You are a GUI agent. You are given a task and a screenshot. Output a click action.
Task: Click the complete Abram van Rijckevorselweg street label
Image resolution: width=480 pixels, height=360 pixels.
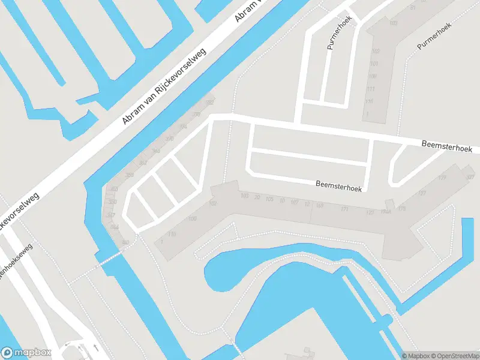[x=164, y=86]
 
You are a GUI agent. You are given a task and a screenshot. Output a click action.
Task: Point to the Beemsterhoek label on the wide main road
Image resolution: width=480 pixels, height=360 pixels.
[x=447, y=146]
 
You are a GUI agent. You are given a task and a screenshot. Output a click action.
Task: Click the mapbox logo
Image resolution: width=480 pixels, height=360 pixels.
[x=26, y=353]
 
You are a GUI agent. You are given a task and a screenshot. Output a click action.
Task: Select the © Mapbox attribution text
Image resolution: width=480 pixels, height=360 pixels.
[x=416, y=356]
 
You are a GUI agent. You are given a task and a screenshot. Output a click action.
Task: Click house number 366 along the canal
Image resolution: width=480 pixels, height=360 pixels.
[x=157, y=151]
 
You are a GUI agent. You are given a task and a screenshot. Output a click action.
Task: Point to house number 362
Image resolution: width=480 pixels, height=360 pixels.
[x=143, y=163]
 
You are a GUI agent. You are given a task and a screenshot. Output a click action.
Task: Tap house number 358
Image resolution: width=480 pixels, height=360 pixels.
[x=130, y=175]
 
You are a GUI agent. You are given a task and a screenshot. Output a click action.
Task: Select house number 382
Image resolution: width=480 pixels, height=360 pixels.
[x=209, y=103]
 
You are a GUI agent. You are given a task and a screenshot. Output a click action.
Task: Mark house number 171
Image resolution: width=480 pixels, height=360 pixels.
[x=344, y=209]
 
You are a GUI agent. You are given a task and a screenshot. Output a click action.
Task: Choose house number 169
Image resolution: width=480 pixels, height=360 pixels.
[x=320, y=206]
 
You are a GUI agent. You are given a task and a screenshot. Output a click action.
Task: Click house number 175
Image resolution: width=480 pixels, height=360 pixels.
[x=401, y=209]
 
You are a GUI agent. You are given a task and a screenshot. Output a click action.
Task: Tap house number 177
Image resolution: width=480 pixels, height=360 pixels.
[x=422, y=193]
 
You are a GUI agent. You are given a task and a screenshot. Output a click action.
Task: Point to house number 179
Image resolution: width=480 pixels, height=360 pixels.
[x=442, y=178]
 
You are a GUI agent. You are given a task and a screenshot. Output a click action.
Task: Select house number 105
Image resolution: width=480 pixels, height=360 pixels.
[x=269, y=199]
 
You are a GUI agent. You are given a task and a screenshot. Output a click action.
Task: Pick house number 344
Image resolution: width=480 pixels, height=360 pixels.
[x=115, y=227]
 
